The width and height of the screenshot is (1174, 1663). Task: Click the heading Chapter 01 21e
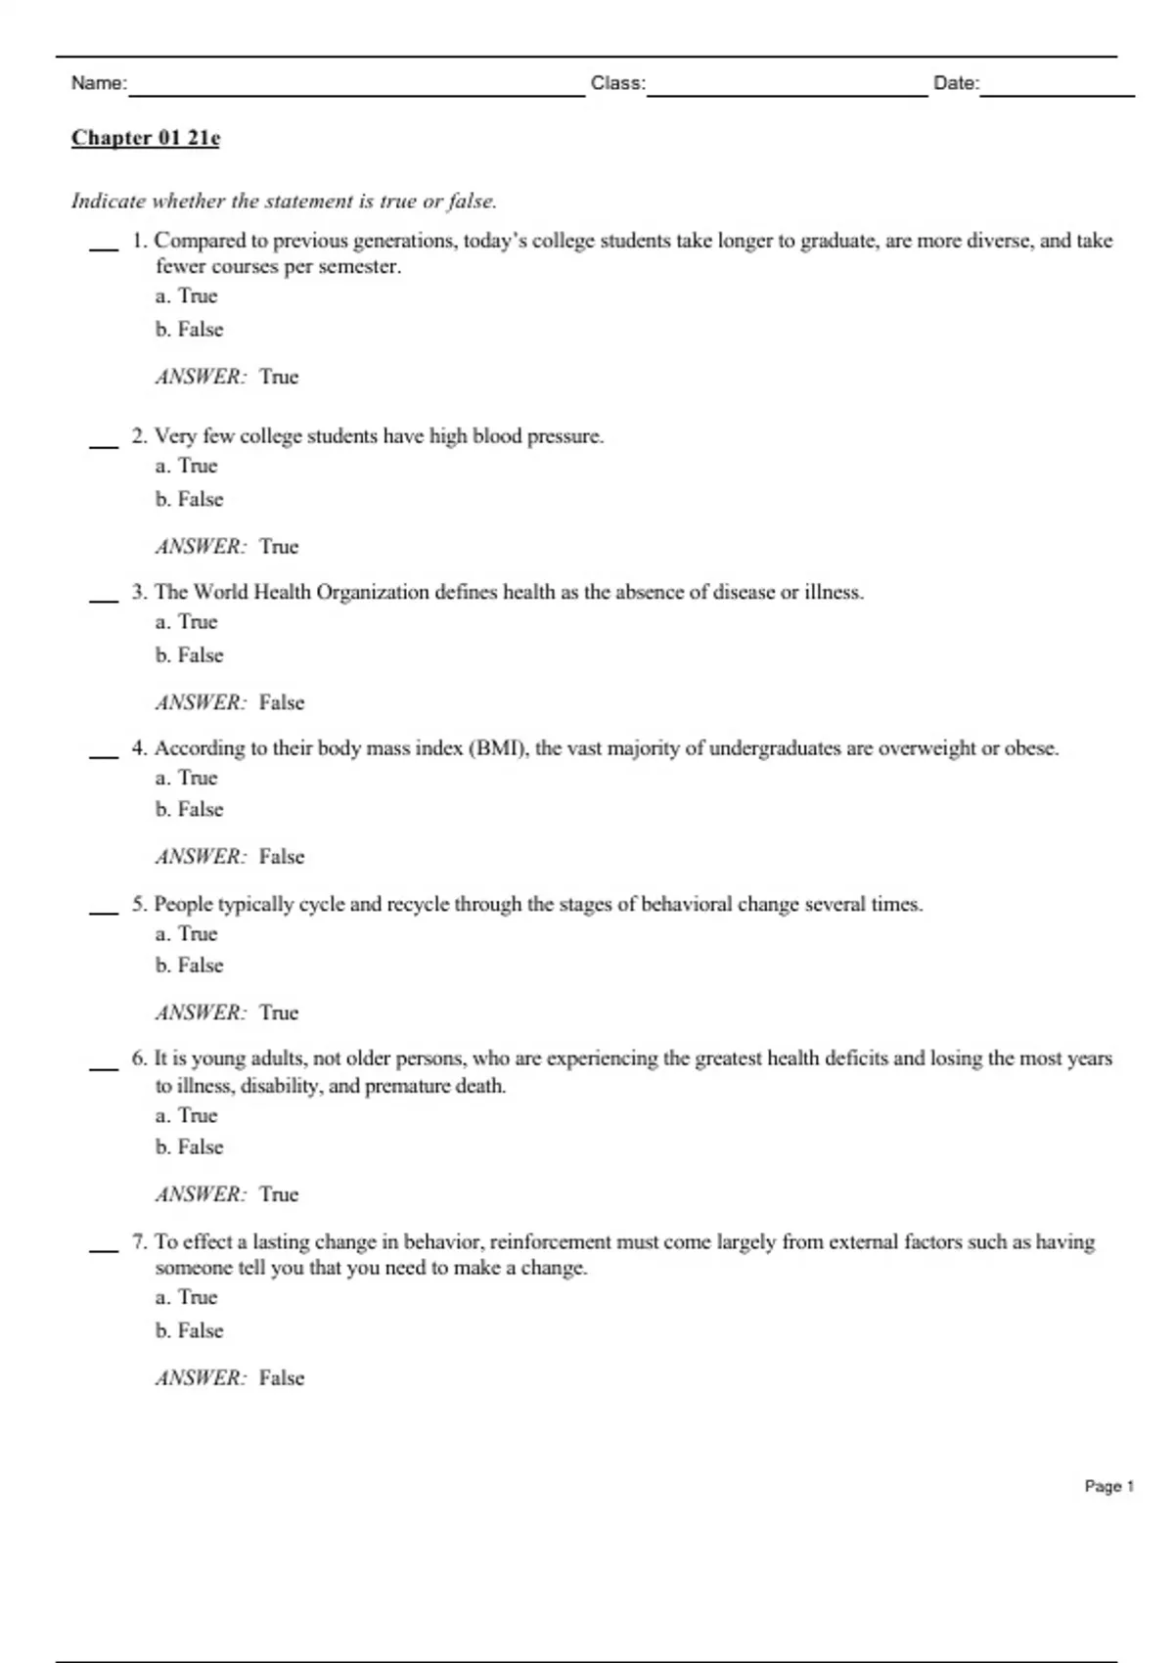(x=146, y=138)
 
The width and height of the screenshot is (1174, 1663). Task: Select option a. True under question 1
(x=186, y=296)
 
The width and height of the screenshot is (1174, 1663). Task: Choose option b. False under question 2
(x=189, y=500)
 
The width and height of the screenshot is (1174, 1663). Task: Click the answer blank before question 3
(x=104, y=598)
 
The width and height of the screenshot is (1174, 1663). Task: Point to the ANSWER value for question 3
(x=282, y=703)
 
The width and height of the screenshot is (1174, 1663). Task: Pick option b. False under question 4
(x=189, y=810)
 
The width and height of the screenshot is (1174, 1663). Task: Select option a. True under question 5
(x=186, y=934)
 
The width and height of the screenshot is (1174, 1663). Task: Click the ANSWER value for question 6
(x=279, y=1194)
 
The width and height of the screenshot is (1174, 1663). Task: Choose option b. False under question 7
(x=189, y=1331)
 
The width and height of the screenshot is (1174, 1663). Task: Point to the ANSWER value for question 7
(x=282, y=1378)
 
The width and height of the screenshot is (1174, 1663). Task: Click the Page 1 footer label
(x=1108, y=1487)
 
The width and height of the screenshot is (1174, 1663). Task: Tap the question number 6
(x=139, y=1058)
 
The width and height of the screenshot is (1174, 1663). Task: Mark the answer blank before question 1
(x=104, y=247)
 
